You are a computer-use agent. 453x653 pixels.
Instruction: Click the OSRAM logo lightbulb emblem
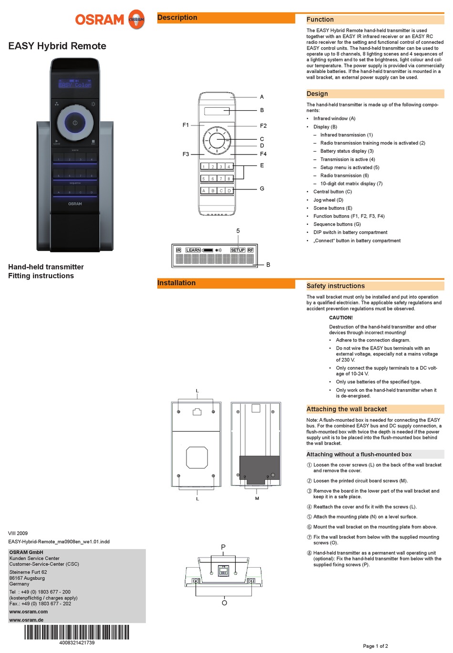click(136, 20)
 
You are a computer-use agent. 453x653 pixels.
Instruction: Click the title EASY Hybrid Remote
click(57, 46)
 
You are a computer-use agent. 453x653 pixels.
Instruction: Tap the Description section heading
click(177, 18)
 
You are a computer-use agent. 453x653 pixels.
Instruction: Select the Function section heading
click(320, 20)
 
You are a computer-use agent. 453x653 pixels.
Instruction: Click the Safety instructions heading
click(335, 286)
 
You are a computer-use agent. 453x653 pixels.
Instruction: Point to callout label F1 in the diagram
click(185, 125)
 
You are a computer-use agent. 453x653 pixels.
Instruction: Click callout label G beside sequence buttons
click(262, 189)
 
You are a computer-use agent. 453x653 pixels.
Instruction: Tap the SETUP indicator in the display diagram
click(237, 250)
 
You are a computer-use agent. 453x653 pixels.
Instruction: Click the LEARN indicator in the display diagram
click(193, 250)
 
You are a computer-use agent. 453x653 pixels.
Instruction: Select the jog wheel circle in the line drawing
click(217, 140)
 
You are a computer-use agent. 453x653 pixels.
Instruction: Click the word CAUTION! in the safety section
click(341, 318)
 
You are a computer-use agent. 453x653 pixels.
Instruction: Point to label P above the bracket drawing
click(223, 547)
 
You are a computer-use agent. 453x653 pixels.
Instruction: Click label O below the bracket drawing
click(224, 603)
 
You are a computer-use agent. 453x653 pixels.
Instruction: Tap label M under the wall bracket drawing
click(257, 498)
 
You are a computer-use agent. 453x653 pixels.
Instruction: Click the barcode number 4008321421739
click(77, 643)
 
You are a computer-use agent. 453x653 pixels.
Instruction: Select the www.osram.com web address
click(29, 612)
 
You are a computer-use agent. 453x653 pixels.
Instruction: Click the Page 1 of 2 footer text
click(375, 646)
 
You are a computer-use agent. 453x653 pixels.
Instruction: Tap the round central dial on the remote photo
click(75, 123)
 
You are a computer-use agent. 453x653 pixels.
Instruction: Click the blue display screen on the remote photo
click(75, 84)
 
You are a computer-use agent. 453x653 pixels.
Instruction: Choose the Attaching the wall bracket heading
click(346, 409)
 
